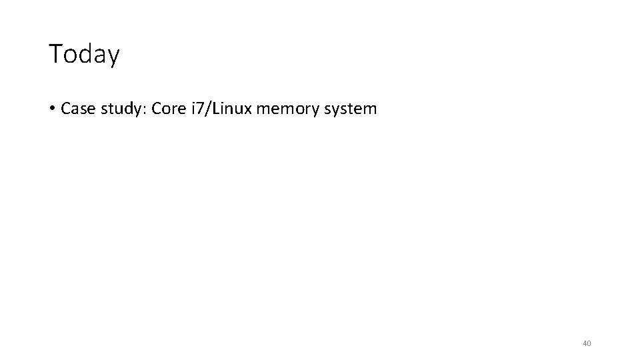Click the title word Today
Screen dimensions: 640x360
click(84, 54)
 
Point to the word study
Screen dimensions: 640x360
click(121, 109)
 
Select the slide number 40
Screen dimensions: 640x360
click(587, 343)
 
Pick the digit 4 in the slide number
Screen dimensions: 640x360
click(585, 343)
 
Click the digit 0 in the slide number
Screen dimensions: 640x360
click(589, 343)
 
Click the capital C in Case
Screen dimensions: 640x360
click(65, 108)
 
